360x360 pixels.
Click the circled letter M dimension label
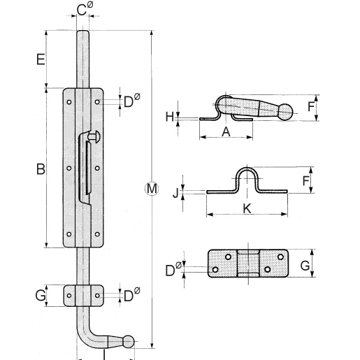pyautogui.click(x=152, y=189)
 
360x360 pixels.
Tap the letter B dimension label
pyautogui.click(x=41, y=169)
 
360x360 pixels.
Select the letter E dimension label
pyautogui.click(x=41, y=59)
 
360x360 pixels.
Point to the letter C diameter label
pyautogui.click(x=85, y=9)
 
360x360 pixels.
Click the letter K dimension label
pyautogui.click(x=247, y=208)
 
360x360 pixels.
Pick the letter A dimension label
pyautogui.click(x=226, y=132)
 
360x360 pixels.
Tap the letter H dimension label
pyautogui.click(x=170, y=117)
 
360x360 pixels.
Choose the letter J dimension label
pyautogui.click(x=176, y=193)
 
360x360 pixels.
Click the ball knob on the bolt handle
pyautogui.click(x=129, y=342)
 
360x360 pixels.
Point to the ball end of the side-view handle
pyautogui.click(x=285, y=112)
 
